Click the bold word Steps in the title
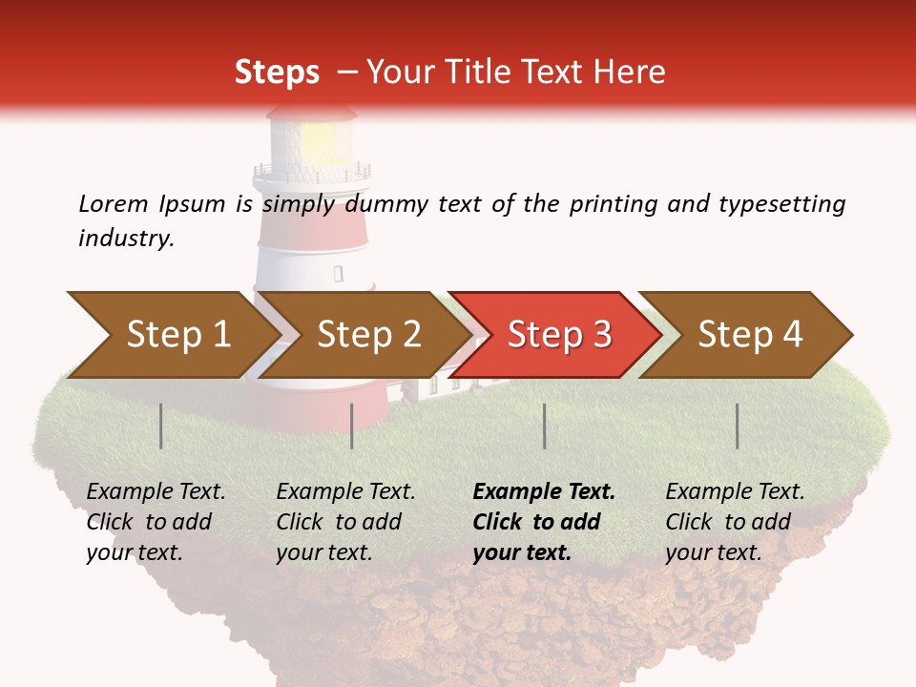(x=277, y=72)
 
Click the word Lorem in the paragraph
(x=113, y=203)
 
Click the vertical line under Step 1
(x=161, y=426)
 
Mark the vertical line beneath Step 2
(x=352, y=426)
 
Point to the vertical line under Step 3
(x=544, y=426)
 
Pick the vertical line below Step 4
(x=737, y=426)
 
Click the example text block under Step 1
(x=156, y=522)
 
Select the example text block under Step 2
(x=345, y=522)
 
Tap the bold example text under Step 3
(x=544, y=522)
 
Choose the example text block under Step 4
(x=735, y=522)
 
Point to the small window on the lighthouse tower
(x=338, y=274)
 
